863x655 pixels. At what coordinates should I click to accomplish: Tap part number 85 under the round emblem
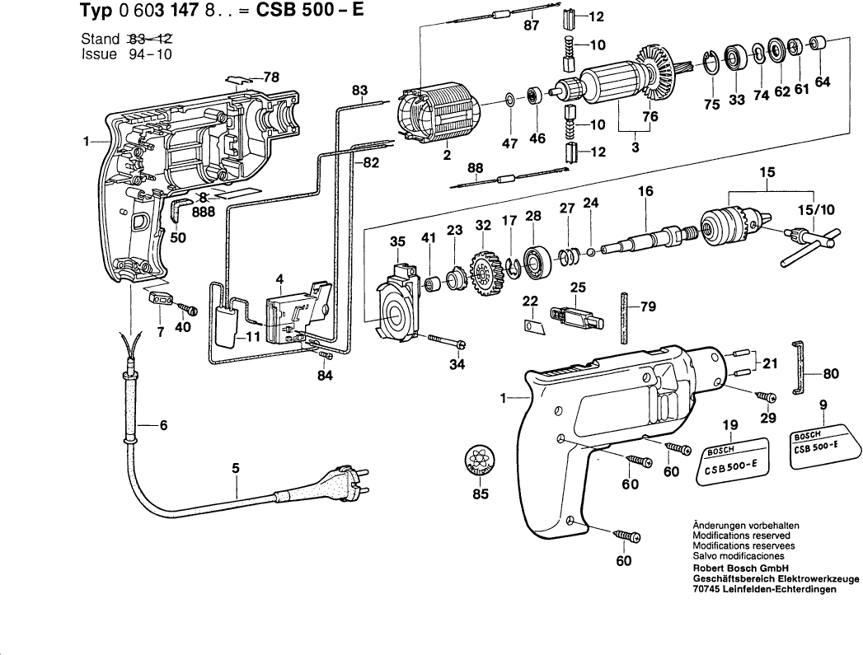(x=480, y=494)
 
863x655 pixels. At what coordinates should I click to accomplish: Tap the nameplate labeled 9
(x=821, y=445)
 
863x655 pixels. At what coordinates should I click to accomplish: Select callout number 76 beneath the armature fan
(x=650, y=117)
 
